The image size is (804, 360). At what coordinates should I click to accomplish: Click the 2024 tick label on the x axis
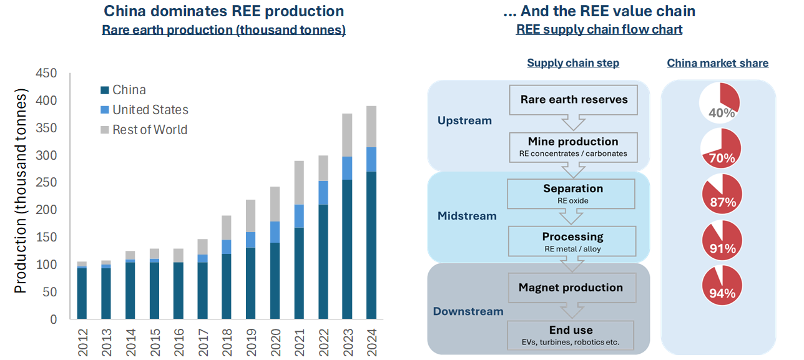pos(371,343)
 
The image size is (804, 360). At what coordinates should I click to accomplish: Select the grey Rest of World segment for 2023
pos(347,135)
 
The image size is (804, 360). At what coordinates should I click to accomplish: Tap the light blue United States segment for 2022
pos(323,193)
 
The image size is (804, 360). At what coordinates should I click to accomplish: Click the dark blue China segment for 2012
pos(82,293)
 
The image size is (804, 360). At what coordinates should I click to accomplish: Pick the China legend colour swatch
pos(104,90)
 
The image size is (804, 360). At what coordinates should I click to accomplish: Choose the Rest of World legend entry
pos(150,130)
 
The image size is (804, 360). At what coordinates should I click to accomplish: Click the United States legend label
pos(150,110)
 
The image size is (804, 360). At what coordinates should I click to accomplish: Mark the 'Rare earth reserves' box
pos(574,100)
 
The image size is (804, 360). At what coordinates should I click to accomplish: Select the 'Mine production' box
pos(572,147)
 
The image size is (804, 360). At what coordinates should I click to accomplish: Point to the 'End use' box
pos(572,335)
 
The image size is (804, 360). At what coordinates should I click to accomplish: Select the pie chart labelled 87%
pos(722,194)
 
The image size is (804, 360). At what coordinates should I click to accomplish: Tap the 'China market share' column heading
pos(717,63)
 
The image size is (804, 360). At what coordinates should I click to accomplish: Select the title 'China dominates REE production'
pos(223,11)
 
